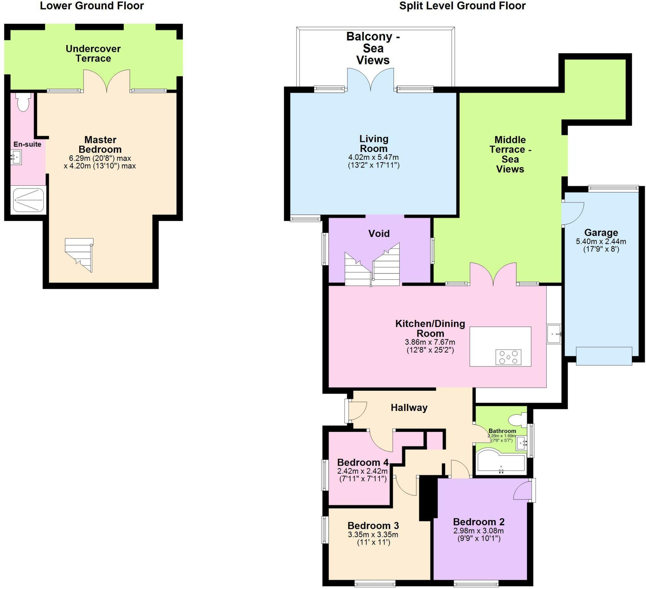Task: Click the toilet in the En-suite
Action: click(23, 102)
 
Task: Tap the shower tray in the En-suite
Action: click(28, 200)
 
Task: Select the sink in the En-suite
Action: click(16, 157)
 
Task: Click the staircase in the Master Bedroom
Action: click(80, 255)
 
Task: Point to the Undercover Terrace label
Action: click(93, 54)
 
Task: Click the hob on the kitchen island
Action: click(508, 357)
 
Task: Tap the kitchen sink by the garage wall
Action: click(554, 334)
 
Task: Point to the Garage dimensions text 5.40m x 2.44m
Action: click(601, 242)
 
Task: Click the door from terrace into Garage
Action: click(573, 213)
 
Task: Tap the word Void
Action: click(379, 233)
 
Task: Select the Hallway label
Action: click(409, 408)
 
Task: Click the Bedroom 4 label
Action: click(363, 463)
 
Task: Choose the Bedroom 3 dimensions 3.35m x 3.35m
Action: click(373, 534)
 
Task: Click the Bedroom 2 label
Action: click(479, 522)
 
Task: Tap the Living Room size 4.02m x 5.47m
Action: click(373, 157)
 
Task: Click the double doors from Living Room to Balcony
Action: click(371, 80)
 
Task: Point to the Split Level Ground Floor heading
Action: click(462, 6)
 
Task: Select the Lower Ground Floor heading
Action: click(92, 6)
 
